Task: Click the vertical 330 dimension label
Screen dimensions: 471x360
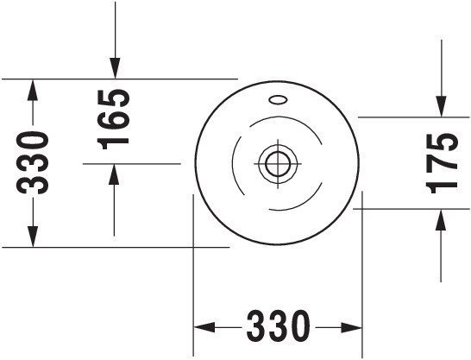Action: click(x=33, y=162)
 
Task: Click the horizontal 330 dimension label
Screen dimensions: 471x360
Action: click(x=278, y=326)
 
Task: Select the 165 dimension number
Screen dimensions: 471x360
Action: click(x=114, y=120)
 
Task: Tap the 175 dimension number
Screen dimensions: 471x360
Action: click(x=442, y=163)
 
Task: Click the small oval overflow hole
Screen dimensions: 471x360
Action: click(x=278, y=100)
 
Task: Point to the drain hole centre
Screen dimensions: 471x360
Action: click(x=278, y=164)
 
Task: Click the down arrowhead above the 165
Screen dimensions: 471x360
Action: click(x=115, y=68)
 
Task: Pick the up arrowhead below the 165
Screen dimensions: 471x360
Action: click(x=114, y=174)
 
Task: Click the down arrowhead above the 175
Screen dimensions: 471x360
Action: click(x=441, y=106)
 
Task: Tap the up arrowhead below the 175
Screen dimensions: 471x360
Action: click(x=441, y=219)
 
